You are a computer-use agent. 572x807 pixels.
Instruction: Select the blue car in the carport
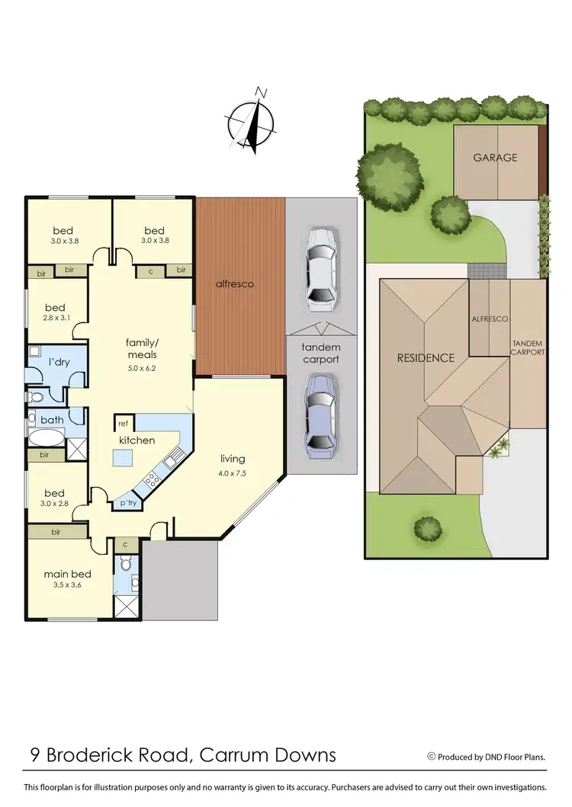pos(320,414)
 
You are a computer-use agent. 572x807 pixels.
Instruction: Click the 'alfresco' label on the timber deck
pos(234,283)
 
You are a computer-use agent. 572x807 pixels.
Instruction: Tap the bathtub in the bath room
pos(47,437)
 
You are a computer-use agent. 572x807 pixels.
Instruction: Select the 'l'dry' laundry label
pos(59,361)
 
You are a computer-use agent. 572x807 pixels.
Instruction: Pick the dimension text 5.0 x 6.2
pos(140,368)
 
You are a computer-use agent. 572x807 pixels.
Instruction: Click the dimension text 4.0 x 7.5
pos(233,472)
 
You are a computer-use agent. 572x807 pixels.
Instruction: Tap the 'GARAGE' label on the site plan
pos(495,158)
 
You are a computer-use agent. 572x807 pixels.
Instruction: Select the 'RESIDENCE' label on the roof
pos(426,357)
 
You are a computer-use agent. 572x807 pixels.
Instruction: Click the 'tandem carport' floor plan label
pos(321,353)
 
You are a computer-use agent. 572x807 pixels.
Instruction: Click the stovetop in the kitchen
pos(151,480)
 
